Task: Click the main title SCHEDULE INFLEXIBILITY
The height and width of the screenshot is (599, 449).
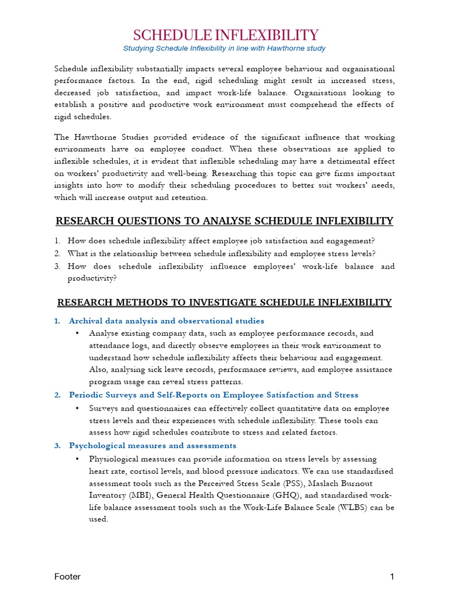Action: (225, 35)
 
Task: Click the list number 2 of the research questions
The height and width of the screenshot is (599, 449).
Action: (57, 253)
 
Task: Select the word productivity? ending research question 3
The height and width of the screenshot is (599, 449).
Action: (92, 278)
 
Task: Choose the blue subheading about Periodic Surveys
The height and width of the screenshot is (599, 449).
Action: (213, 395)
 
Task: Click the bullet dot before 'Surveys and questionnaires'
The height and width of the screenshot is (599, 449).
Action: (78, 408)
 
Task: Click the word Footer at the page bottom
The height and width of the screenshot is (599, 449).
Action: (67, 577)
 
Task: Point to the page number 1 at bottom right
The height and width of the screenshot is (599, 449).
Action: (392, 577)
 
